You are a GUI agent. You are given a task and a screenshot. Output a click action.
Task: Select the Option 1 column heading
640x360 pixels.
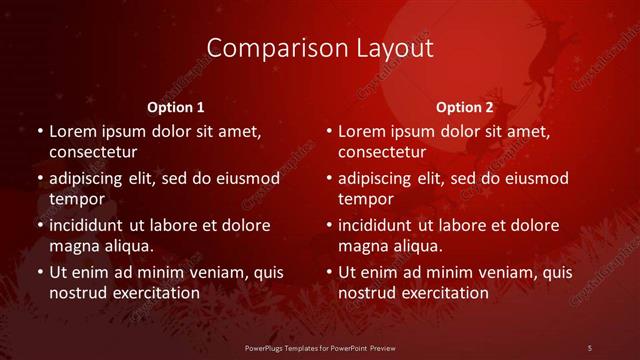[x=176, y=107]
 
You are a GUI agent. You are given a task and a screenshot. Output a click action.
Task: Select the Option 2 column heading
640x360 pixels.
[x=465, y=107]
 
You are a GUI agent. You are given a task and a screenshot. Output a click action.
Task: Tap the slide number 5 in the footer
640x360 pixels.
[x=590, y=347]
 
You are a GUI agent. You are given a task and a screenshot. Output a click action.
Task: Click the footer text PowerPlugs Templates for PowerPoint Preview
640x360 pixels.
[x=320, y=347]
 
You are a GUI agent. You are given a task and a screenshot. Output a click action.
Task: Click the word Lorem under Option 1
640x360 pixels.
[x=73, y=131]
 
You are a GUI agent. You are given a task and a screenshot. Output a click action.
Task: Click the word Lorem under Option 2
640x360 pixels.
[x=362, y=131]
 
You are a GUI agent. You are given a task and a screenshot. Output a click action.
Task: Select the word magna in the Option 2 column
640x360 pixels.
[x=362, y=245]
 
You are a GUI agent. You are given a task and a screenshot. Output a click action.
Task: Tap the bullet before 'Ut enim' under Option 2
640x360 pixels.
[x=328, y=272]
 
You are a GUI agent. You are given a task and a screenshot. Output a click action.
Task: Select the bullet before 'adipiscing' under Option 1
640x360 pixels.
[x=39, y=179]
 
